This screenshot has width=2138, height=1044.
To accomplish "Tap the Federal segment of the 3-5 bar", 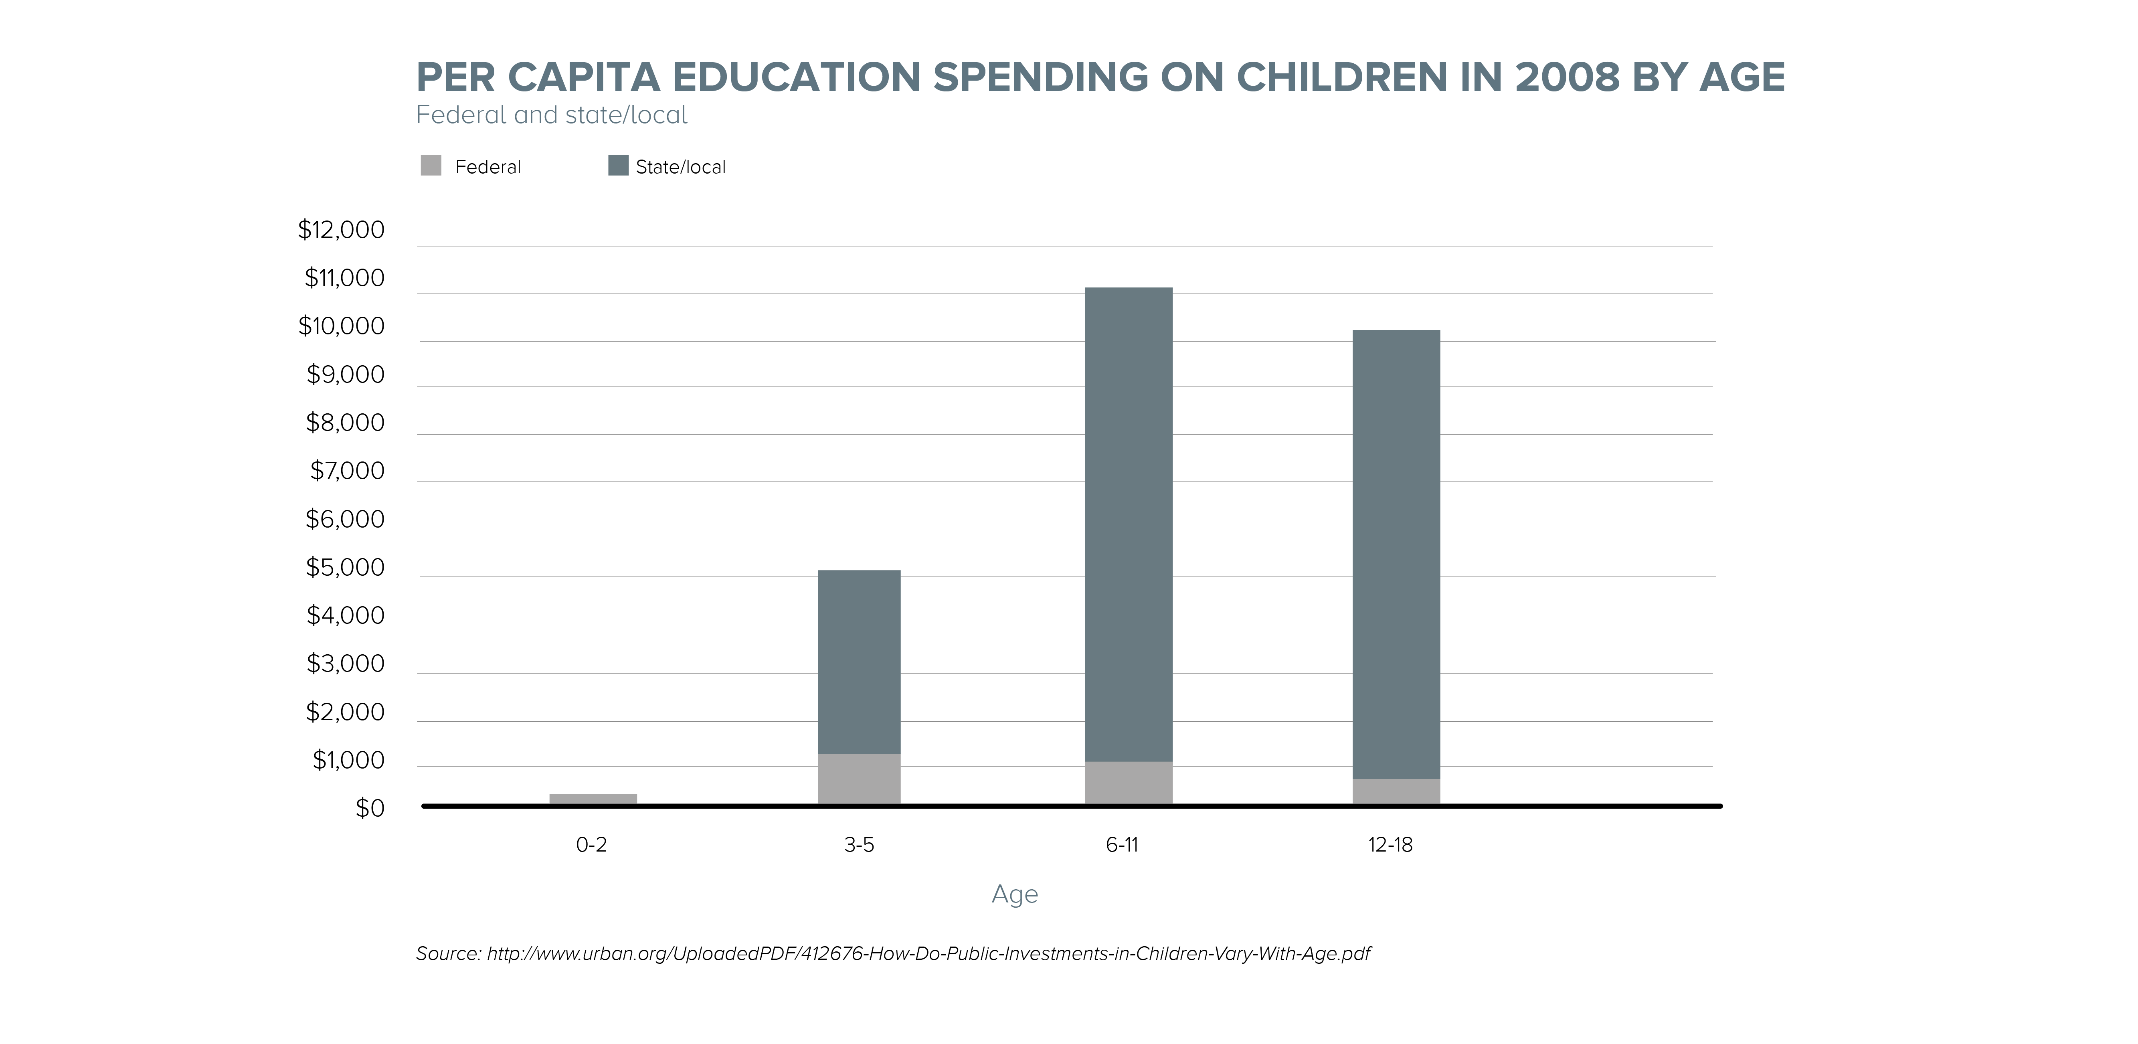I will [859, 779].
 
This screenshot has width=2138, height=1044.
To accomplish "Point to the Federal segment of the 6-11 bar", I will [1129, 783].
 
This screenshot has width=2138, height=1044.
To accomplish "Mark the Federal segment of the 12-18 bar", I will [1396, 791].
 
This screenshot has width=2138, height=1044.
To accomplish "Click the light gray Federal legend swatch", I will [431, 166].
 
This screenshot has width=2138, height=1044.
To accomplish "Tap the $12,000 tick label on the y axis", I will [341, 230].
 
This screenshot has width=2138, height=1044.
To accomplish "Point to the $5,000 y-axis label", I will [345, 568].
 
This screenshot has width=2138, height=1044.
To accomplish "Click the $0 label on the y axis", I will [370, 808].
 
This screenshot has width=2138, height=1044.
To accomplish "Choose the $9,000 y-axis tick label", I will [345, 375].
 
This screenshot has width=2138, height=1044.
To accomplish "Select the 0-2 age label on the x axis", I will [592, 845].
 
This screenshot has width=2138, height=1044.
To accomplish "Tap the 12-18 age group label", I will [1390, 845].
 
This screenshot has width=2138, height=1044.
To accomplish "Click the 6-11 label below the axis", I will [1122, 845].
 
